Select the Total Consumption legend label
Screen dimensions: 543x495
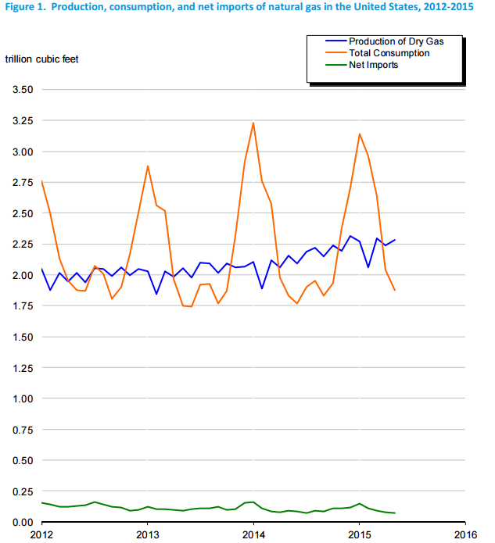(x=389, y=53)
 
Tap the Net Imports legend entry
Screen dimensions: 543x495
(x=373, y=65)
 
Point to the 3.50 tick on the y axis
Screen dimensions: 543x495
(x=22, y=90)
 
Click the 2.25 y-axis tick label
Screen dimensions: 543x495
(x=22, y=244)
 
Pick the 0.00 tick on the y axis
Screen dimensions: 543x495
(x=22, y=522)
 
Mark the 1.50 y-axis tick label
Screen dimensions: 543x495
(x=22, y=337)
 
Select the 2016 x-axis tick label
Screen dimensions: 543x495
(x=465, y=535)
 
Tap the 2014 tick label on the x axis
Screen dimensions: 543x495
(x=253, y=535)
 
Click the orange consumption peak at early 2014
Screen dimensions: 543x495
(x=253, y=123)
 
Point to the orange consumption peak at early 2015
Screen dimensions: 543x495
(x=359, y=134)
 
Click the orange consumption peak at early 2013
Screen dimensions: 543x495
(x=148, y=166)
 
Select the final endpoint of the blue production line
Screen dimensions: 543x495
(x=395, y=240)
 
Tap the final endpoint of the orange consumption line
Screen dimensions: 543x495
(x=395, y=290)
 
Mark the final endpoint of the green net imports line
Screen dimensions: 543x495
(x=395, y=513)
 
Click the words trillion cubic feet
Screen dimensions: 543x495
(x=42, y=59)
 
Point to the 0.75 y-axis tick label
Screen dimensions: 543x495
(x=22, y=429)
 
